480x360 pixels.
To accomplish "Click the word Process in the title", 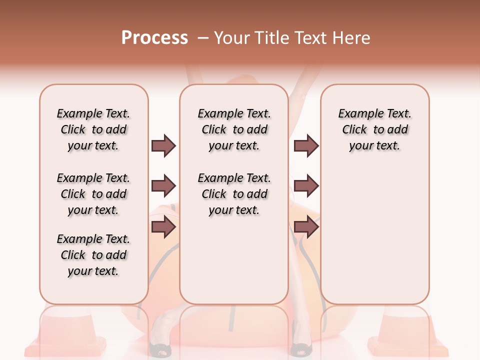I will tap(154, 38).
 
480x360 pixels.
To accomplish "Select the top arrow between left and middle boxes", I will tap(163, 145).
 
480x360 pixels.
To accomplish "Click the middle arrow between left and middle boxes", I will tap(163, 186).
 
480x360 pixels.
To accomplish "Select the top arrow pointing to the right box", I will tap(306, 145).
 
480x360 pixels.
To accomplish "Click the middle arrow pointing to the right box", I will tap(306, 186).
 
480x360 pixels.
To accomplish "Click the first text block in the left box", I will tap(93, 129).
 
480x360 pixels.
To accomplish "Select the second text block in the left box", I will tap(93, 194).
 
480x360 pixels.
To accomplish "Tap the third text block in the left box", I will tap(93, 255).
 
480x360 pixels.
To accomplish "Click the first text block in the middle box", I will tap(234, 129).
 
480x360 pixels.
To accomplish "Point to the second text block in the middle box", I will tap(234, 194).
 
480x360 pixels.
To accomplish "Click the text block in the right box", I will tap(374, 129).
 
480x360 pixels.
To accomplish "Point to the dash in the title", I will tap(203, 38).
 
